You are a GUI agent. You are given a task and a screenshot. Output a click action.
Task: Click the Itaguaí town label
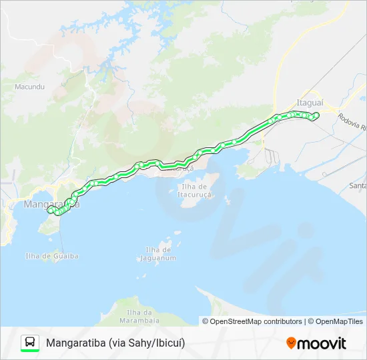pos(309,103)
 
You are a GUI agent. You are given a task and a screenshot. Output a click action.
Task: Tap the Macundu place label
pos(29,87)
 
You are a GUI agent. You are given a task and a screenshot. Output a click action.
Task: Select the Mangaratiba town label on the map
pos(51,204)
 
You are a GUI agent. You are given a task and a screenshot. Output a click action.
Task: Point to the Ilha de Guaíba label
pos(52,256)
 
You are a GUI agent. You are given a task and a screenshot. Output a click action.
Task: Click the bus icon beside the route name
pos(30,342)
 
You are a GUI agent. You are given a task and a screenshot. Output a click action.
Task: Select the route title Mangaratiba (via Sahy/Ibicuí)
pos(115,343)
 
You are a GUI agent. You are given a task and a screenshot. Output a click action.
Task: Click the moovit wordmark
pos(322,343)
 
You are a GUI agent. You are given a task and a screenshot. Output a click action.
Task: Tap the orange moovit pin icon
pos(291,343)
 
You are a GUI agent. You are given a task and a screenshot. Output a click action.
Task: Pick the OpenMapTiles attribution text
pos(338,321)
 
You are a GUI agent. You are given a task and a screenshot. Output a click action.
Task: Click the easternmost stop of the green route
pos(316,115)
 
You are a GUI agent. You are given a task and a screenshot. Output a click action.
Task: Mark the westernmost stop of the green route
pos(49,210)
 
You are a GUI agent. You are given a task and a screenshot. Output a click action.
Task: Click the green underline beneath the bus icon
pos(30,351)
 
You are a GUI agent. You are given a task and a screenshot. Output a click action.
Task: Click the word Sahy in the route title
pos(144,343)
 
